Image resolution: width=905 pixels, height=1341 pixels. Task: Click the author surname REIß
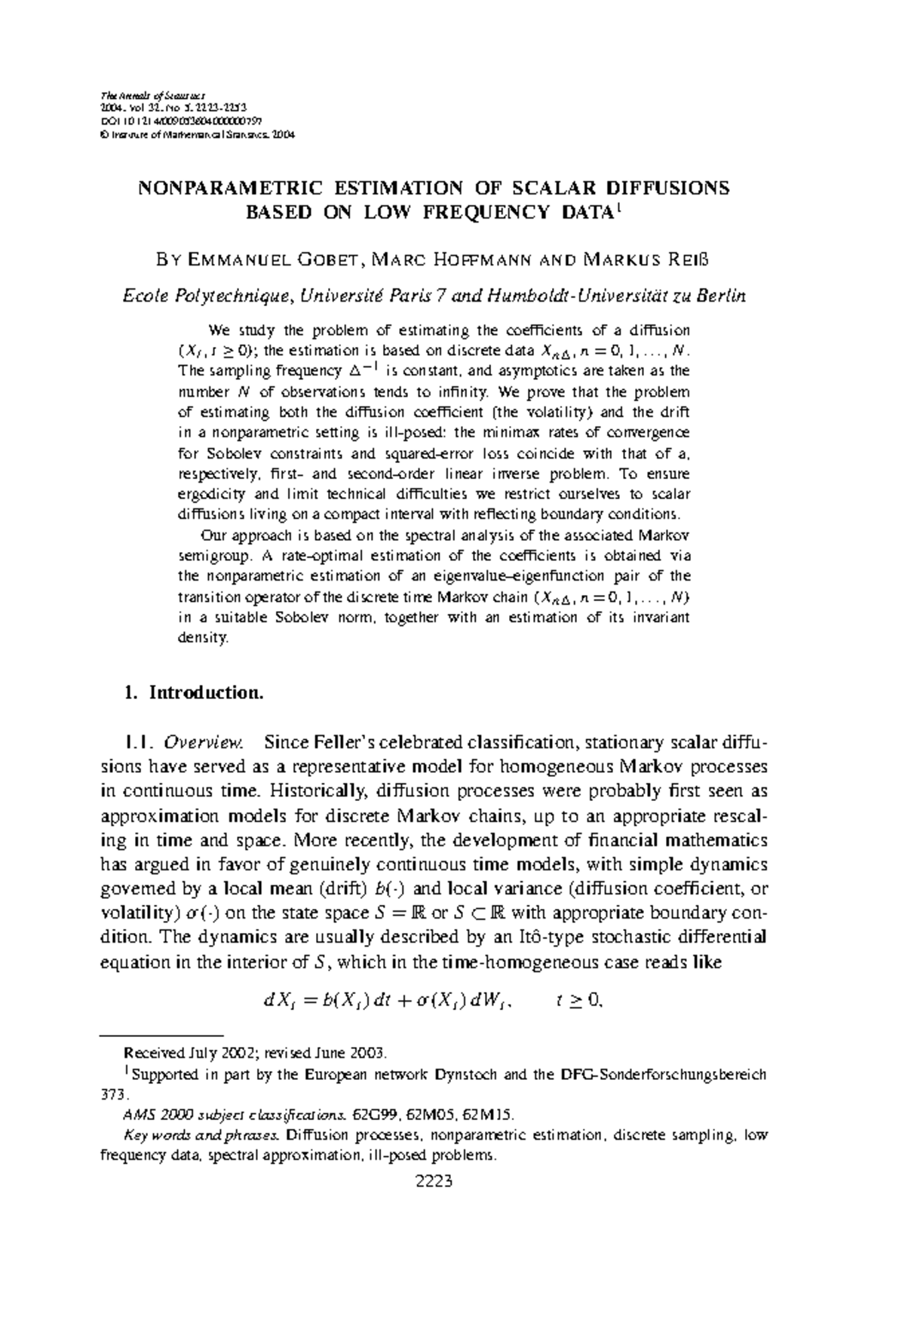(688, 261)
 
